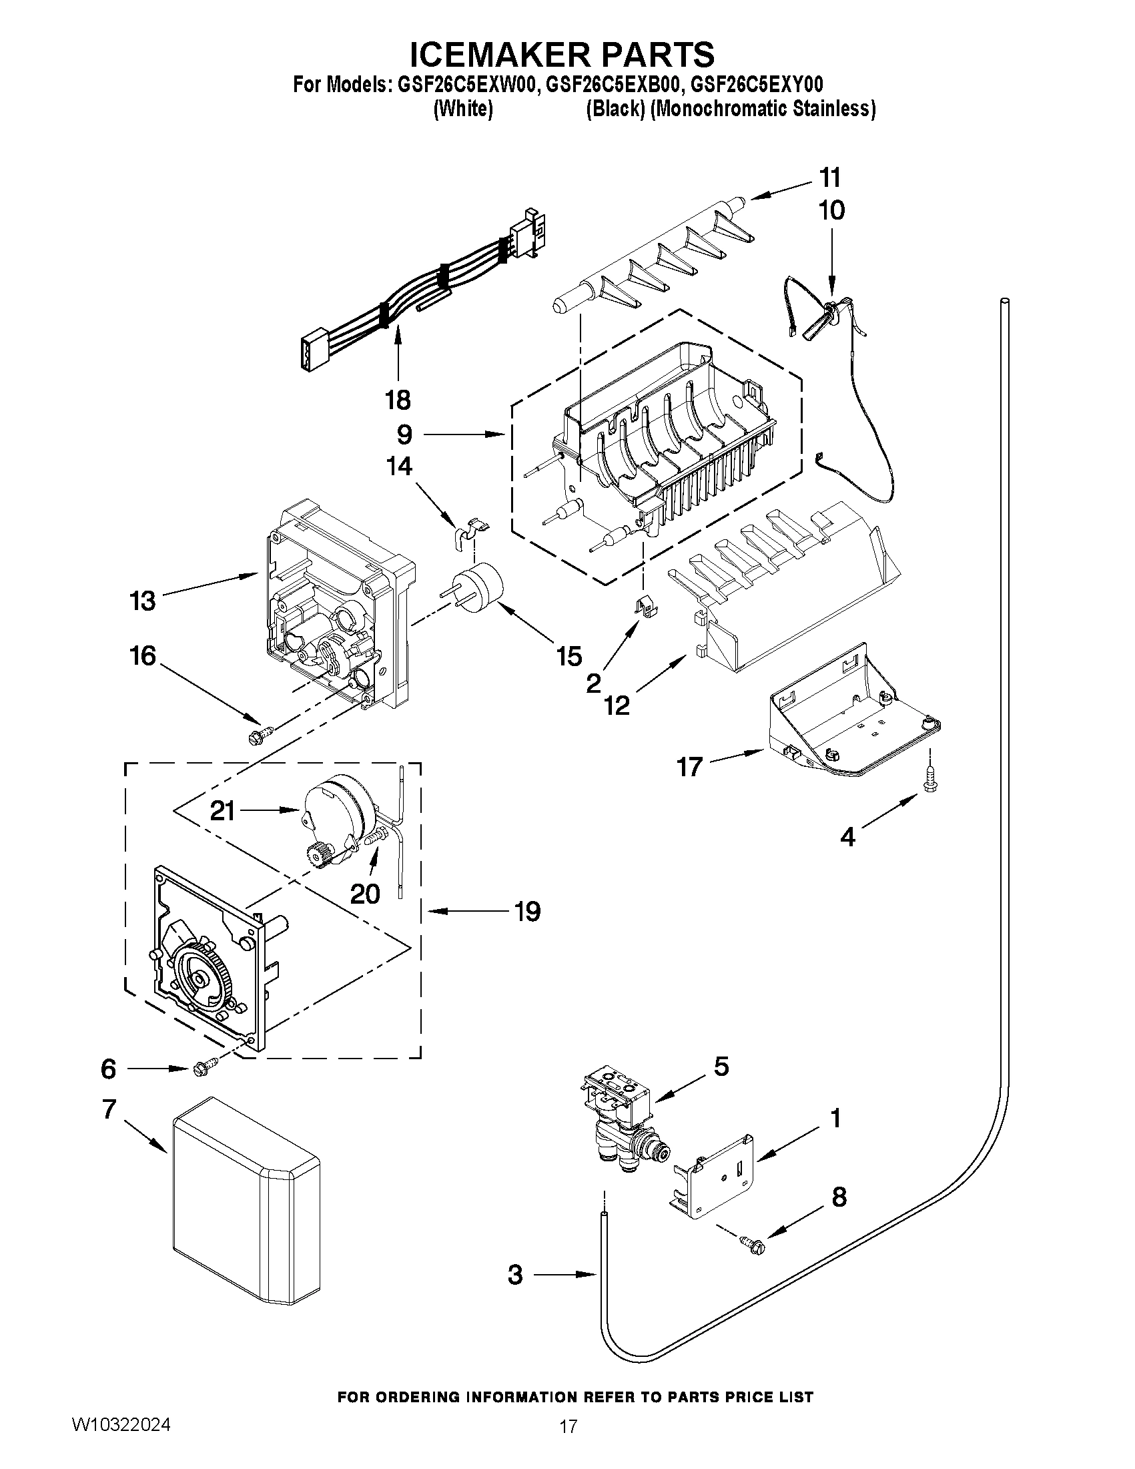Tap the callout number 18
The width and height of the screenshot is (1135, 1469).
398,400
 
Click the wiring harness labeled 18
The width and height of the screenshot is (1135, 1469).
417,282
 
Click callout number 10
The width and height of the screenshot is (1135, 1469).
831,210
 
